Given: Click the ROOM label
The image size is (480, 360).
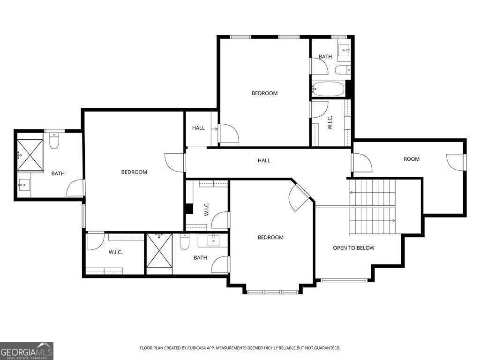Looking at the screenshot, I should (412, 159).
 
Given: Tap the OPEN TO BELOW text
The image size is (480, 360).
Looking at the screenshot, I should (353, 248).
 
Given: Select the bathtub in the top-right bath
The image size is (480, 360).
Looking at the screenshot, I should (329, 88).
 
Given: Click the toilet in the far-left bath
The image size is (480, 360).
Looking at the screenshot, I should (54, 141).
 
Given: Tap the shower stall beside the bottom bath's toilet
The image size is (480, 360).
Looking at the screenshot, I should (159, 250).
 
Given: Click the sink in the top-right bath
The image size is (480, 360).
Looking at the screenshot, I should (344, 50).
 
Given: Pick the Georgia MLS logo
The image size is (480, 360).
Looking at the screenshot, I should (27, 351).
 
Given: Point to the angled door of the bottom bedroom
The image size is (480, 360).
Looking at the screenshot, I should (299, 197).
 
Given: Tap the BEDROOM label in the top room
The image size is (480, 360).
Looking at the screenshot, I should (264, 93).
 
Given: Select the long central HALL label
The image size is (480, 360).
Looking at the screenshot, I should (264, 161).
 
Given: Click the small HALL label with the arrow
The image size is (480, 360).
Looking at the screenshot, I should (198, 128).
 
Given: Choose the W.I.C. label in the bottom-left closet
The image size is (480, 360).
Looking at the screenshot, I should (115, 252).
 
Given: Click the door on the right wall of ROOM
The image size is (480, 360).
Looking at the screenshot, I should (457, 162).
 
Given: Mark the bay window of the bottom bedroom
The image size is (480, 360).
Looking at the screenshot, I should (272, 292).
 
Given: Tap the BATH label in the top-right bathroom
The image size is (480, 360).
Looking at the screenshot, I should (325, 57).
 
